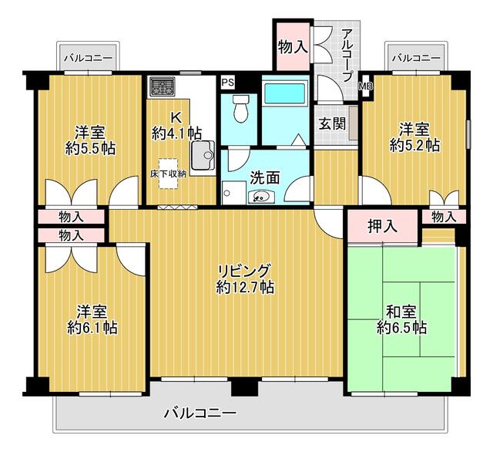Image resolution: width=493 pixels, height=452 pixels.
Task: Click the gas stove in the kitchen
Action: pyautogui.click(x=163, y=86)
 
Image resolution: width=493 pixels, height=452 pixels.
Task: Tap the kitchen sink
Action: pyautogui.click(x=203, y=155)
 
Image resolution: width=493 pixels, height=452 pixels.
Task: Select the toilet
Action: pyautogui.click(x=240, y=109)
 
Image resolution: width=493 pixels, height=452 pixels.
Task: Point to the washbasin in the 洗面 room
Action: pyautogui.click(x=261, y=197)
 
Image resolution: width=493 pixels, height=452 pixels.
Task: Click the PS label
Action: pyautogui.click(x=228, y=83)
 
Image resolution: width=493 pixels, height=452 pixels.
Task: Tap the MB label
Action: pyautogui.click(x=366, y=86)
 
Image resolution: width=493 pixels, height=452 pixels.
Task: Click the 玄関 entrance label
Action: pyautogui.click(x=332, y=123)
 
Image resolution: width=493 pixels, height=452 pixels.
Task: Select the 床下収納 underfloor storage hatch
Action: pyautogui.click(x=168, y=174)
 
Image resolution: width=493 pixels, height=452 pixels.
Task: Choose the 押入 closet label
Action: pyautogui.click(x=383, y=226)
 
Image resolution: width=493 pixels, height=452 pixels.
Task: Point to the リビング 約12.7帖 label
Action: pyautogui.click(x=245, y=278)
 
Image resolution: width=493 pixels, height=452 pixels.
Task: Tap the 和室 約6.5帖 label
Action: pyautogui.click(x=401, y=319)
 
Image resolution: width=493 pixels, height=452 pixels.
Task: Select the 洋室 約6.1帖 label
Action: pyautogui.click(x=92, y=319)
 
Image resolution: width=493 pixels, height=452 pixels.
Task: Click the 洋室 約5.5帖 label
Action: pyautogui.click(x=90, y=140)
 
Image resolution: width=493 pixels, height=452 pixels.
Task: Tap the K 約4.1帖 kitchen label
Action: pyautogui.click(x=176, y=126)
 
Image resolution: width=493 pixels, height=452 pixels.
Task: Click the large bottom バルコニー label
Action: pyautogui.click(x=200, y=413)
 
